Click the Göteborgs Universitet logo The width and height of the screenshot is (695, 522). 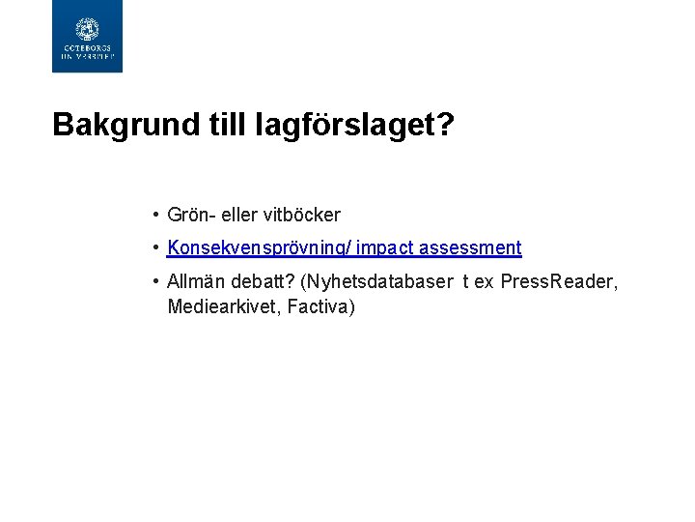tap(87, 37)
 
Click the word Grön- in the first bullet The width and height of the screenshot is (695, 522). tap(190, 215)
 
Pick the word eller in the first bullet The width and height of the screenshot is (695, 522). tap(237, 215)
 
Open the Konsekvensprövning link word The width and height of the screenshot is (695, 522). tap(258, 248)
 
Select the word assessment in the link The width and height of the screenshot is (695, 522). tap(470, 248)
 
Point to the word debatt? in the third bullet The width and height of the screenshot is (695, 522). tap(262, 282)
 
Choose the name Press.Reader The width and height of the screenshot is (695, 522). tap(559, 282)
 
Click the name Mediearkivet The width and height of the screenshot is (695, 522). tap(219, 307)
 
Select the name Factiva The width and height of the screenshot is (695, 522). tap(319, 307)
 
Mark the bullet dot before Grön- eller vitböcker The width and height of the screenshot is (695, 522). tap(154, 215)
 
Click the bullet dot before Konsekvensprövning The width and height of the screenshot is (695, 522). tap(154, 248)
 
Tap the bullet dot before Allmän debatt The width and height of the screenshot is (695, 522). tap(154, 282)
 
